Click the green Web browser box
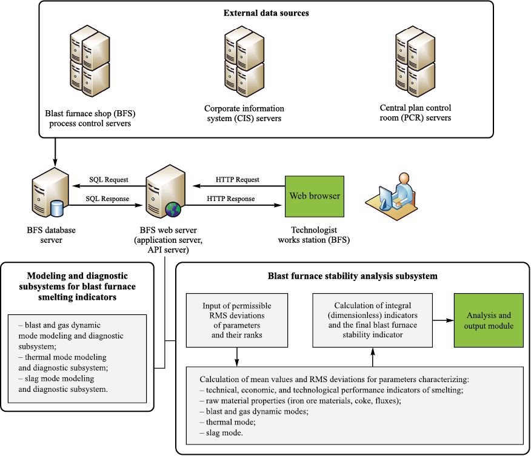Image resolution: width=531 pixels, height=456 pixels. click(x=315, y=196)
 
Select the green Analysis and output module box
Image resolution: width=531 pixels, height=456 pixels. click(x=488, y=320)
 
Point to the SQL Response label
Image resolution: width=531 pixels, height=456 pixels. click(x=109, y=199)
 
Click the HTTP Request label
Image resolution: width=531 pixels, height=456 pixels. click(x=238, y=180)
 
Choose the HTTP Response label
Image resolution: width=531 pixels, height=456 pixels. click(x=230, y=199)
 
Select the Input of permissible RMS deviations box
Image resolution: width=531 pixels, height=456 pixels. click(x=236, y=320)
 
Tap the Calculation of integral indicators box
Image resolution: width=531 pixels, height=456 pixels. click(x=372, y=320)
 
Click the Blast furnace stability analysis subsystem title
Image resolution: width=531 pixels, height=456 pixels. click(x=353, y=276)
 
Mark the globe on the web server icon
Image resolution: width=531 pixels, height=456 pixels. click(x=173, y=210)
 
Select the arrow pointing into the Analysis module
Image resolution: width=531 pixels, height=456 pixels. click(x=443, y=320)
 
